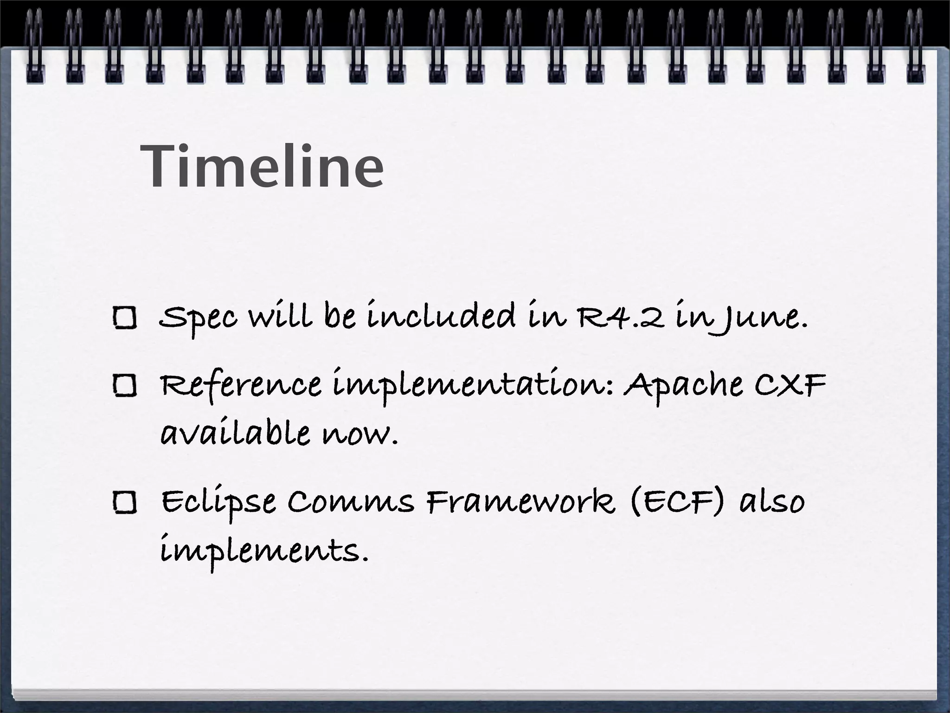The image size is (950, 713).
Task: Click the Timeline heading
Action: [x=263, y=166]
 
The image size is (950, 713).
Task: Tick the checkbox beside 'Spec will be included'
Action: [x=124, y=318]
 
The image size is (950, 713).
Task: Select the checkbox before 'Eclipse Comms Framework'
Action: [x=124, y=502]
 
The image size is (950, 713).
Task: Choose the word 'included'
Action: [x=441, y=316]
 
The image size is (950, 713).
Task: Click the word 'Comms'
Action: [x=350, y=502]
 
